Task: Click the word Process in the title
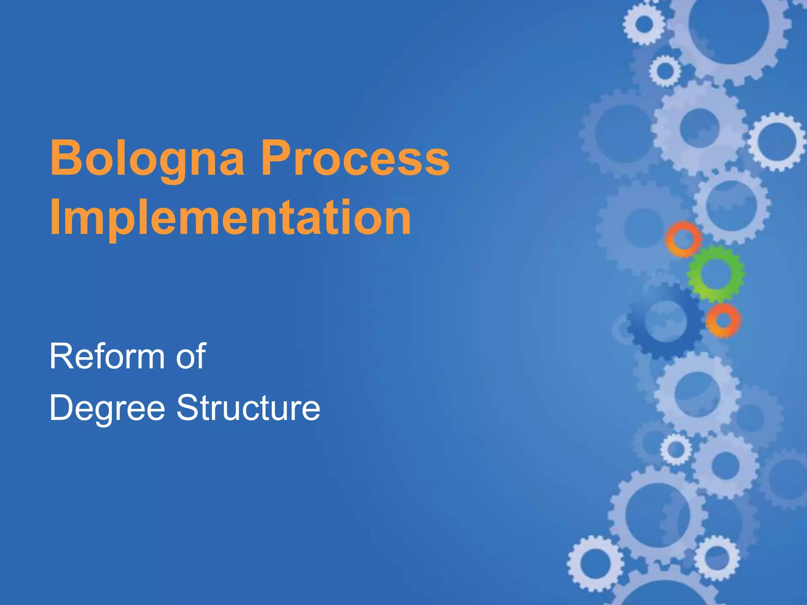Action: point(355,158)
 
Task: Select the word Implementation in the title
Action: point(231,217)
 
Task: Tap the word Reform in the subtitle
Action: point(107,356)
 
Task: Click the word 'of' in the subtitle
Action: point(191,356)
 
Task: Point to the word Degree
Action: point(107,408)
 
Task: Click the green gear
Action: point(716,273)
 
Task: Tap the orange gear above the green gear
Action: point(684,239)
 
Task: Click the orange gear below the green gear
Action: point(723,320)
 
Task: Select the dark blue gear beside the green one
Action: point(666,321)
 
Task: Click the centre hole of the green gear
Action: point(716,273)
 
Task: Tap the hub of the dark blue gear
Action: point(666,321)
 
